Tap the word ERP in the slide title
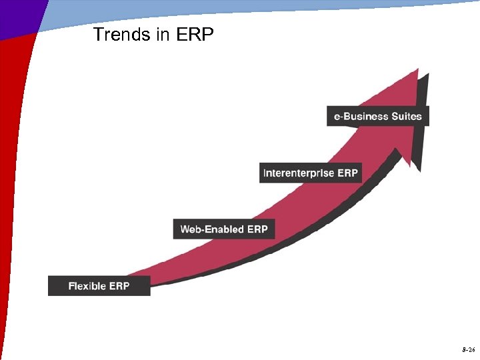195,35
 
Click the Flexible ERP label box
99,286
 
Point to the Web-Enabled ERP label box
223,229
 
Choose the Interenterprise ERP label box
310,173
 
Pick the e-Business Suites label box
378,116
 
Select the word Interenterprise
299,173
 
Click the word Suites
407,116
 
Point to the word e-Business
361,116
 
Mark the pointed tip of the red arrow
417,69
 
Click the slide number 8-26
467,349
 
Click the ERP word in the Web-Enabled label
257,229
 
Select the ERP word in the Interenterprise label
347,173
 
